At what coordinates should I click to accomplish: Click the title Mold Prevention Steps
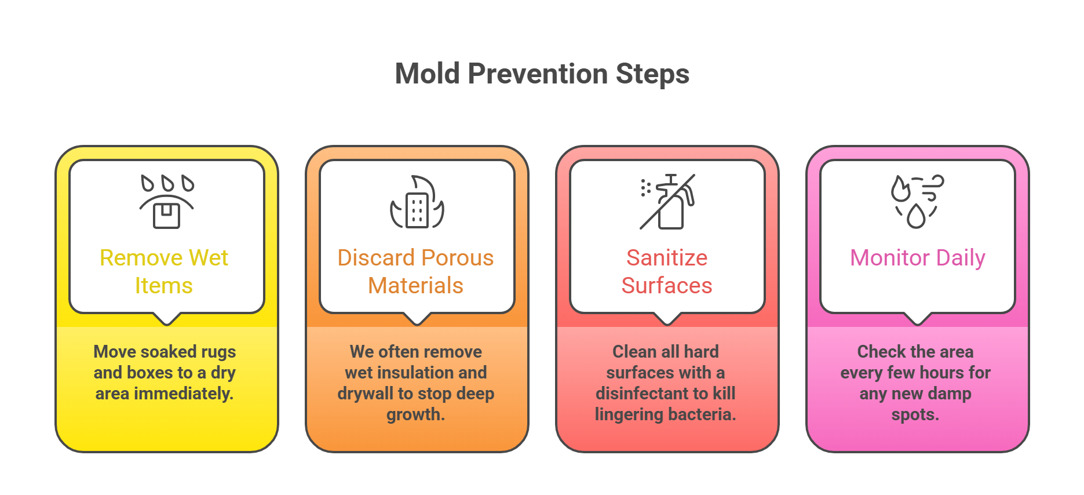542,74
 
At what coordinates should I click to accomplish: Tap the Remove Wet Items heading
164,271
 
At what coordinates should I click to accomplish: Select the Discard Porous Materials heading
415,271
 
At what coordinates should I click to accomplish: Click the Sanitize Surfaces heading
667,271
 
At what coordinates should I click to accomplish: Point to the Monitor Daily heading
917,258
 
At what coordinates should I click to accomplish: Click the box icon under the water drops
167,215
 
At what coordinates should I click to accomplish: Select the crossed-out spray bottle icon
667,202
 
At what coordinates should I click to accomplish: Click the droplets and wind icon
917,202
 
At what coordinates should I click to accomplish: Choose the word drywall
366,394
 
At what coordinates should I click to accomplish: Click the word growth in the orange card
415,414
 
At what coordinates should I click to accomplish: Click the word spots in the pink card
915,414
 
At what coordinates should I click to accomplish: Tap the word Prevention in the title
538,74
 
